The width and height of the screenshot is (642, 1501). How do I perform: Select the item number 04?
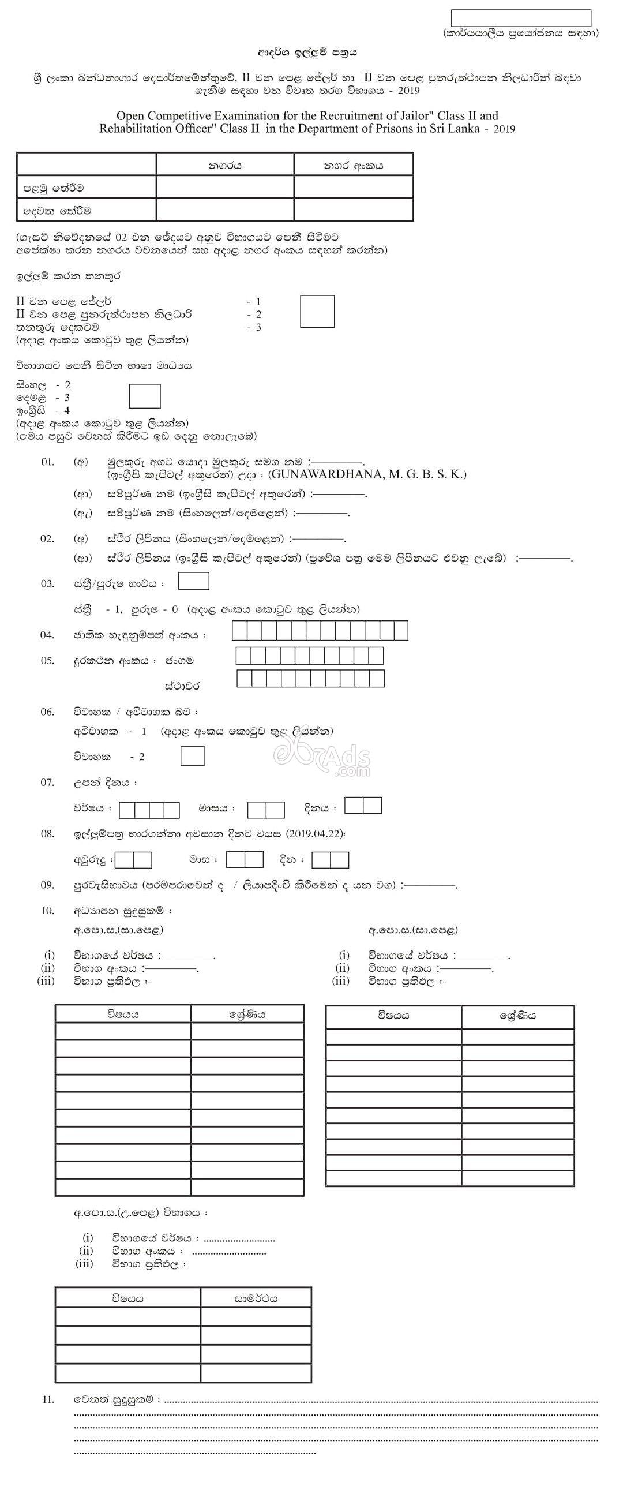(47, 635)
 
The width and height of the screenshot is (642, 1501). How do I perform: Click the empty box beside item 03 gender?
(193, 582)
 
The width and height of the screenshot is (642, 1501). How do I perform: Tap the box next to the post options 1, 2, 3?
(317, 311)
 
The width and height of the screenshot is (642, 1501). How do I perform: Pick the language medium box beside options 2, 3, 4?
(144, 396)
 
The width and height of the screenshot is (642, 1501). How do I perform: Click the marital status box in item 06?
(192, 756)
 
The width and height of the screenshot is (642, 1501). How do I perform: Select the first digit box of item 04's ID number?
(239, 631)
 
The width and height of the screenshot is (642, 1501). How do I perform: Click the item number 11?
(48, 1399)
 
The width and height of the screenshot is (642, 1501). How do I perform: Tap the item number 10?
(47, 910)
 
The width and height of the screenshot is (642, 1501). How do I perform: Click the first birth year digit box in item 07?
(126, 810)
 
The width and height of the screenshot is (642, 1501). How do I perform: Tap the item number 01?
(47, 462)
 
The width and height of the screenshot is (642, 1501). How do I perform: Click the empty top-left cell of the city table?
(87, 164)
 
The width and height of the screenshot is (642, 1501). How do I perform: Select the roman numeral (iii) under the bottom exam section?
(84, 1264)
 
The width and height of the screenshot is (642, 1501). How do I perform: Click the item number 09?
(47, 885)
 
